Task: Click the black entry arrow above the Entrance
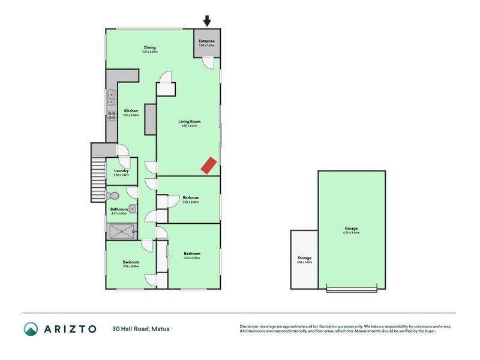click(x=207, y=21)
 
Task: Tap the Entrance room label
click(x=206, y=41)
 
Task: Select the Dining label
click(x=150, y=48)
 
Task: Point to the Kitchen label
click(x=131, y=111)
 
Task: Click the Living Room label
click(x=190, y=122)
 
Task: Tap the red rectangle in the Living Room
click(x=208, y=165)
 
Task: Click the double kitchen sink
click(x=111, y=95)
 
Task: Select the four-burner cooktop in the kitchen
click(x=111, y=114)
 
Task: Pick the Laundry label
click(x=121, y=171)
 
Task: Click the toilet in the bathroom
click(x=113, y=195)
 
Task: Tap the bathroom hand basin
click(x=133, y=208)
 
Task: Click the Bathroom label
click(x=118, y=209)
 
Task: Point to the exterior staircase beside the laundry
click(x=97, y=180)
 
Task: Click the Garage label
click(x=351, y=229)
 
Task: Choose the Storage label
click(x=304, y=258)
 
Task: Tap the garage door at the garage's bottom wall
click(x=352, y=290)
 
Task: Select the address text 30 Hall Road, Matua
click(x=139, y=329)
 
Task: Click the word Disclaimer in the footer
click(x=251, y=326)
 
